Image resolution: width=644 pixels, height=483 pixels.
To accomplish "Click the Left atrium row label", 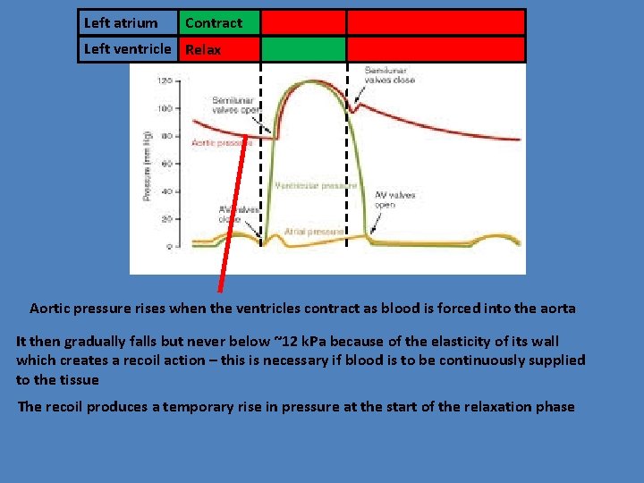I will (x=120, y=23).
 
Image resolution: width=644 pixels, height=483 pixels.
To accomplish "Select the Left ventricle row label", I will (x=126, y=49).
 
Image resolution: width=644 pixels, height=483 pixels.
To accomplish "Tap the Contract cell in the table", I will (x=214, y=23).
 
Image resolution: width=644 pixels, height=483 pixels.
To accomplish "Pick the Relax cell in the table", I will (x=203, y=50).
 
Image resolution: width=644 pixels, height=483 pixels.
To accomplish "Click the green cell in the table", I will (x=302, y=49).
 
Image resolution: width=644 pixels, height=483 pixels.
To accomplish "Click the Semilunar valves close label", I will (x=389, y=74).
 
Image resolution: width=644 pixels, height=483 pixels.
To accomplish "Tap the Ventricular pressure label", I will (x=316, y=186).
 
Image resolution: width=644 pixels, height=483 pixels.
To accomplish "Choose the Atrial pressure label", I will (x=314, y=232).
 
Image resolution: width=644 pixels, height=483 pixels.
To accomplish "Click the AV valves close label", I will (x=236, y=214).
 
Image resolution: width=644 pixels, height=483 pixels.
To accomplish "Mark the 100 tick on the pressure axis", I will (x=165, y=108).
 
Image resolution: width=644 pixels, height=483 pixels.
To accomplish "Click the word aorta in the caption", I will (x=557, y=308).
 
